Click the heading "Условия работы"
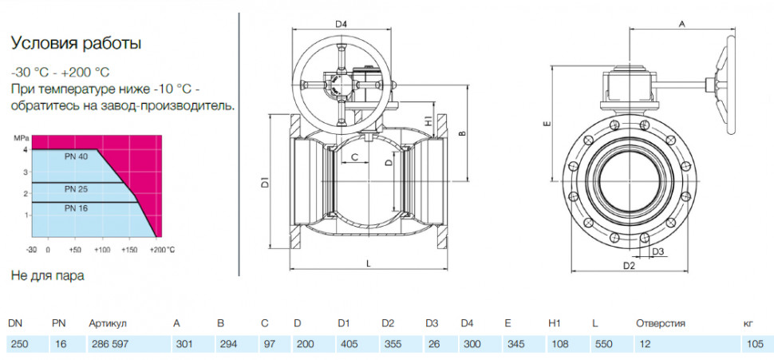coord(77,44)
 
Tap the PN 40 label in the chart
coord(76,157)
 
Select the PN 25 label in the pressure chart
coord(76,188)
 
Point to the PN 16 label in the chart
coord(76,208)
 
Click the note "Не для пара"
coord(47,275)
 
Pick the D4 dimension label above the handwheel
coord(342,24)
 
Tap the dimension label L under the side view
coord(368,263)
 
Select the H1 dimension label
coord(428,120)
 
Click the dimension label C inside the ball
coord(353,157)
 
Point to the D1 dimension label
coord(265,182)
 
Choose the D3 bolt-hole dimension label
coord(658,251)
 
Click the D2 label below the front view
coord(629,266)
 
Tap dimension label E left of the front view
coord(546,123)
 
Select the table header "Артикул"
coord(108,324)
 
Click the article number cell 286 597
coord(109,344)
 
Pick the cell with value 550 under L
coord(604,344)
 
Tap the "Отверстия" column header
coord(661,324)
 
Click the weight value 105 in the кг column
coord(755,344)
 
